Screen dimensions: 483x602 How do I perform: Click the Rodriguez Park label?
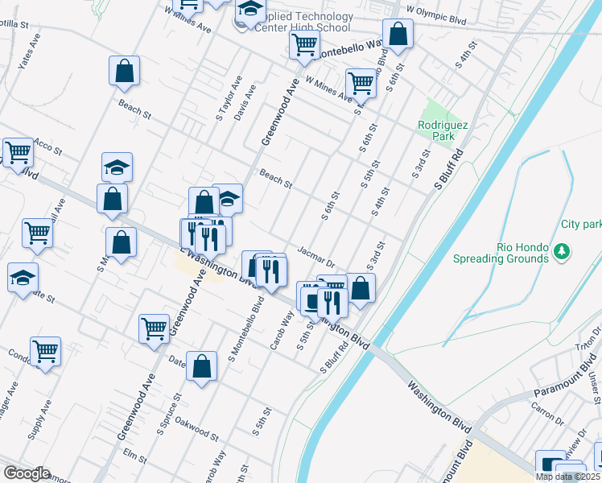pyautogui.click(x=436, y=130)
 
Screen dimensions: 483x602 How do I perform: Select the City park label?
pyautogui.click(x=581, y=224)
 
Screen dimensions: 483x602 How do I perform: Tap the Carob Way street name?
pyautogui.click(x=287, y=328)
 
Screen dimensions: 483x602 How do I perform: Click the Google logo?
pyautogui.click(x=27, y=473)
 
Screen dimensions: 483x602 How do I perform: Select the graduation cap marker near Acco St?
pyautogui.click(x=117, y=167)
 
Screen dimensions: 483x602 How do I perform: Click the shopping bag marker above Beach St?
pyautogui.click(x=124, y=70)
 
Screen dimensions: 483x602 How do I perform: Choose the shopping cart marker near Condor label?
pyautogui.click(x=45, y=350)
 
